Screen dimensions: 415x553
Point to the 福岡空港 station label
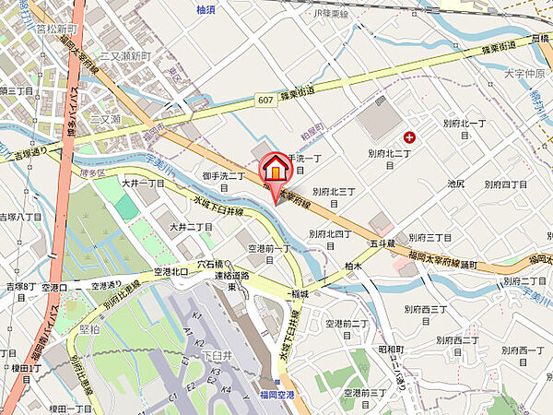276,394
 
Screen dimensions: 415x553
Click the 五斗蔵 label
383,244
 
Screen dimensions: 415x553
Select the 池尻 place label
454,184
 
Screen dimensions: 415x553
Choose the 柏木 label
356,266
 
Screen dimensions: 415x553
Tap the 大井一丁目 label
143,184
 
